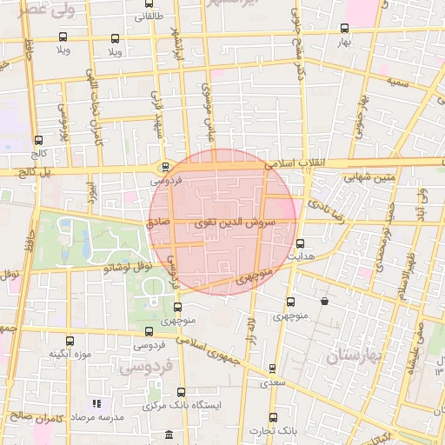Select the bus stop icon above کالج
38,140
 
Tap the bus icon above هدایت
301,243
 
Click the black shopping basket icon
324,302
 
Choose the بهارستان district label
355,356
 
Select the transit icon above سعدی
273,369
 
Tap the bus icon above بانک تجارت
273,417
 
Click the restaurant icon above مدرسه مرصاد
97,403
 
